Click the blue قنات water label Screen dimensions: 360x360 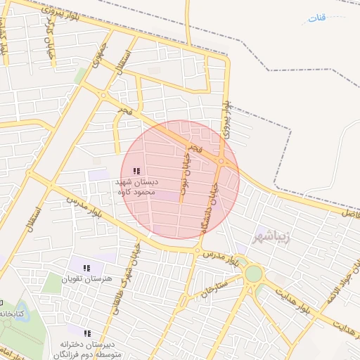[318, 17]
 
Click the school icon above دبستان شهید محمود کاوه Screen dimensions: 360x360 [136, 171]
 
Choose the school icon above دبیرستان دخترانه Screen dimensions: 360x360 [88, 333]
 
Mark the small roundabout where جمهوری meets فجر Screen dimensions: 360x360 [103, 95]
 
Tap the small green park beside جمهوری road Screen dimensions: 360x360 [80, 75]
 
